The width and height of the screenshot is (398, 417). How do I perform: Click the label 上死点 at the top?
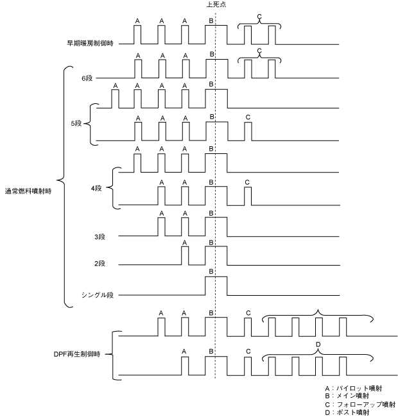pyautogui.click(x=216, y=4)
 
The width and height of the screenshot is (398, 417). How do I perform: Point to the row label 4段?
pyautogui.click(x=98, y=187)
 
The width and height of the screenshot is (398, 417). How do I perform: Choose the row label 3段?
pyautogui.click(x=99, y=237)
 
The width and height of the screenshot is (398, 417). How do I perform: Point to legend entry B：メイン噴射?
pyautogui.click(x=350, y=396)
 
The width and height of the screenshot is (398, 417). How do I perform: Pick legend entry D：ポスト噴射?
pyautogui.click(x=350, y=413)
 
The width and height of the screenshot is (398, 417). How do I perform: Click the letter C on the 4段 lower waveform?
pyautogui.click(x=248, y=182)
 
